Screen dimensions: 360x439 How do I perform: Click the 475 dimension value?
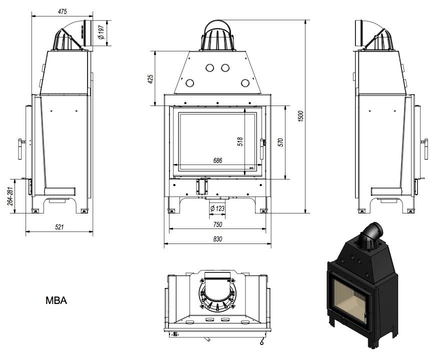[62, 11]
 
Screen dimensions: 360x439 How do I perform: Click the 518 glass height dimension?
[240, 141]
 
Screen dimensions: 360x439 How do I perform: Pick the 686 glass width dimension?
[217, 160]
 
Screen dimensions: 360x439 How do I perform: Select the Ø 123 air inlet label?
[216, 208]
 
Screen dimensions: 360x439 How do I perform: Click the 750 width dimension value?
[217, 224]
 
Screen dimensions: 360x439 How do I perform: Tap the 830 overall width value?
[217, 239]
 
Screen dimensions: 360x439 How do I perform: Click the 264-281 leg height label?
[9, 196]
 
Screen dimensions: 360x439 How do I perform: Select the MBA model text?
[56, 300]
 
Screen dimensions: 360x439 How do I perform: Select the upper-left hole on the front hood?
[209, 67]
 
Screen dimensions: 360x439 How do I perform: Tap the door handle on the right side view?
[425, 148]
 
